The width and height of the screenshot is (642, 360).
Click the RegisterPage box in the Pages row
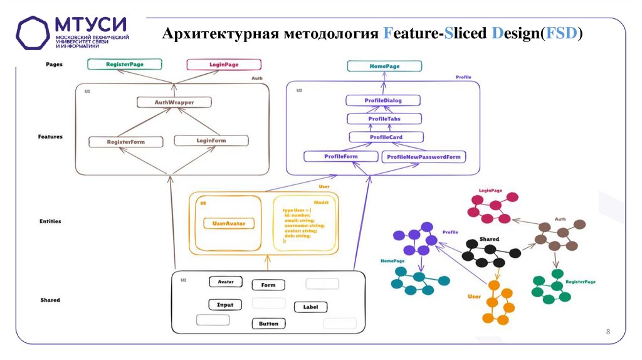(125, 64)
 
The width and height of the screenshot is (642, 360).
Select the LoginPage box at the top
(224, 64)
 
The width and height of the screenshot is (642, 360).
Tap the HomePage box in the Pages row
(384, 66)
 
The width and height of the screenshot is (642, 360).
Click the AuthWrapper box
(174, 102)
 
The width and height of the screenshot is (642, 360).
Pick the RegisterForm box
(125, 142)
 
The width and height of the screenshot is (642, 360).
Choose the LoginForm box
(211, 140)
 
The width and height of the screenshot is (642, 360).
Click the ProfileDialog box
(382, 100)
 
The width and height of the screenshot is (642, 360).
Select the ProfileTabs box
(384, 119)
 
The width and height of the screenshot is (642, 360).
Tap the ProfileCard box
(386, 137)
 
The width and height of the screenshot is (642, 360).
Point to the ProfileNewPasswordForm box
(424, 157)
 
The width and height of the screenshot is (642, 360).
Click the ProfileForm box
(340, 156)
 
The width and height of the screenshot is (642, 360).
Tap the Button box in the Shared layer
(268, 324)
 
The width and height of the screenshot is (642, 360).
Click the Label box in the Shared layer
(310, 307)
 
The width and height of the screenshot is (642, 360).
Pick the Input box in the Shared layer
(225, 305)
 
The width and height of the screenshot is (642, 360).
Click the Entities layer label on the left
(50, 221)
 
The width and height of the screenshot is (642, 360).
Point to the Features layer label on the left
(50, 135)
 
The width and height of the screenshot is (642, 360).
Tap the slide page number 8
(608, 331)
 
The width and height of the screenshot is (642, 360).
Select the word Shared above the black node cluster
(489, 240)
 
